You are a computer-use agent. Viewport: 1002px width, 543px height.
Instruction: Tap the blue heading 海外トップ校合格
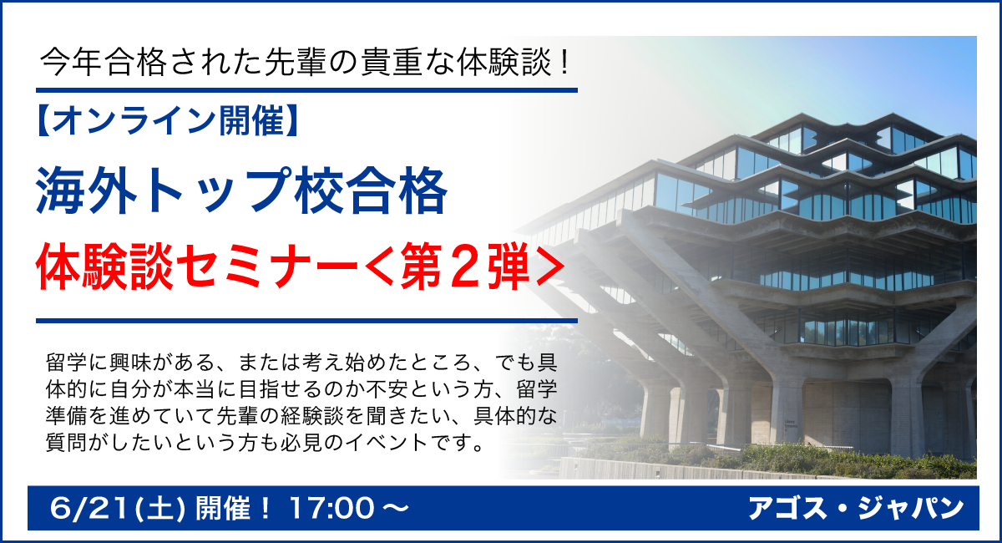241,190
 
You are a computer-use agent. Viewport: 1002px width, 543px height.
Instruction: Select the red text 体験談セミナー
198,266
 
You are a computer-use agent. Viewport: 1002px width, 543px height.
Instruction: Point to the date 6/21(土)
117,509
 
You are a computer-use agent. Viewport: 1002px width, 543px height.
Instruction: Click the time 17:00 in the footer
331,509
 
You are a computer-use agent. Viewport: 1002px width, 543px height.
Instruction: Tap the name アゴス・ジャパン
856,509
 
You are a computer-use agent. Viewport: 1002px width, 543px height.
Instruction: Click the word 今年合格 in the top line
104,62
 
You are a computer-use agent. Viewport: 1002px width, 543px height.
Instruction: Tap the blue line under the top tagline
306,90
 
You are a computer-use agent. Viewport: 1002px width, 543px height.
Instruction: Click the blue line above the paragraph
306,321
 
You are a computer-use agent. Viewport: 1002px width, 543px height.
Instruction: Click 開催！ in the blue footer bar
234,509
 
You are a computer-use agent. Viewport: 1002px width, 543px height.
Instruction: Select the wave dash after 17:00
396,509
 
